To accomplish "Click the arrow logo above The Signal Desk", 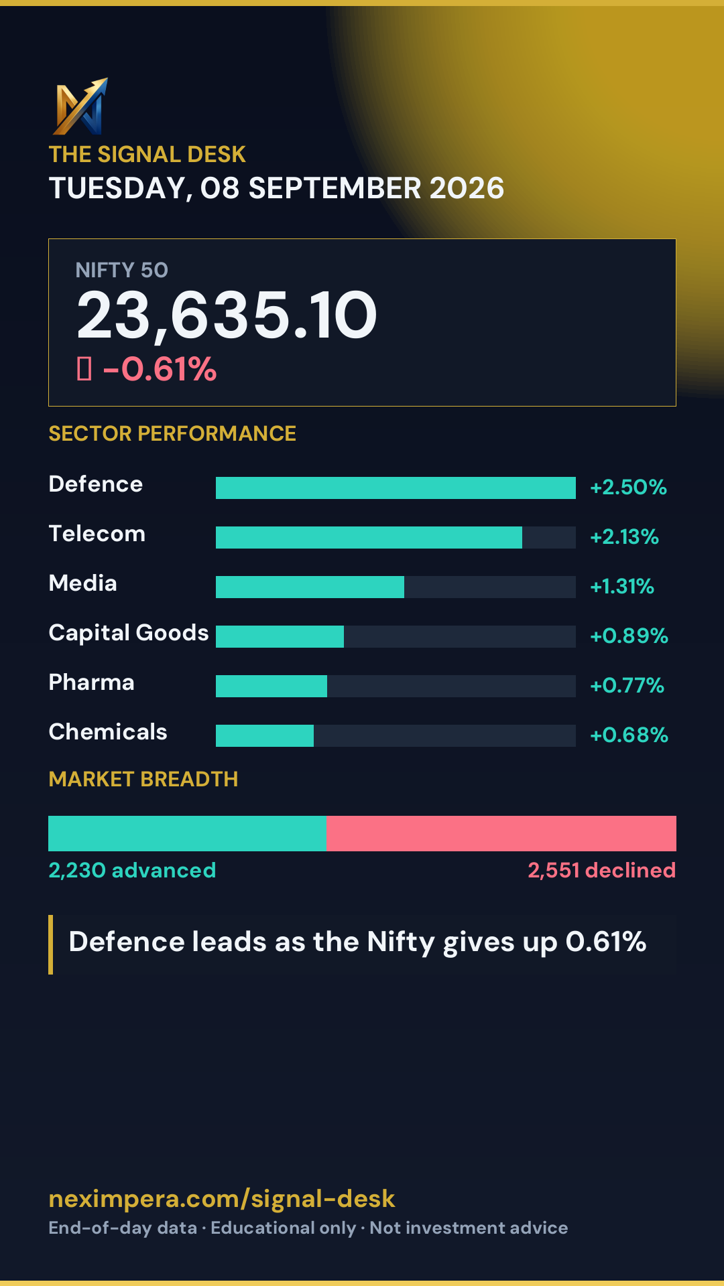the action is coord(81,106).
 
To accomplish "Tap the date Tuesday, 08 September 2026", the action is coord(276,188).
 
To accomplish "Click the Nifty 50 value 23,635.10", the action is coord(227,315).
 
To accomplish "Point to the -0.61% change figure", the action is coord(160,369).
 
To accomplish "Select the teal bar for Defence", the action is coord(396,488).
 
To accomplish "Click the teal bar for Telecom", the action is coord(369,537).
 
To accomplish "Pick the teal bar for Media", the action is coord(310,587).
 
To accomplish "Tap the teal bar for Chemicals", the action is coord(265,735).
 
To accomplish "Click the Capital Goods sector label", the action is coord(129,634).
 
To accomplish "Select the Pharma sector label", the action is coord(92,683).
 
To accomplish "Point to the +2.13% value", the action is coord(624,537).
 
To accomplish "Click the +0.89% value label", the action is coord(629,636).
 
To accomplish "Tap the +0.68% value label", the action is coord(629,735).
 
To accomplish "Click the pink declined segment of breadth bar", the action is coord(501,833).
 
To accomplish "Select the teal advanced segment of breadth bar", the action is coord(188,833).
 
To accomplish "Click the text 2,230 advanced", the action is coord(132,870).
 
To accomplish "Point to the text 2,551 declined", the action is coord(601,870).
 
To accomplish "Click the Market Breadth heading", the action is coord(143,779).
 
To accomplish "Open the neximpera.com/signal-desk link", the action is coord(222,1199).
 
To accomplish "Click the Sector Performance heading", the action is coord(172,433).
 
